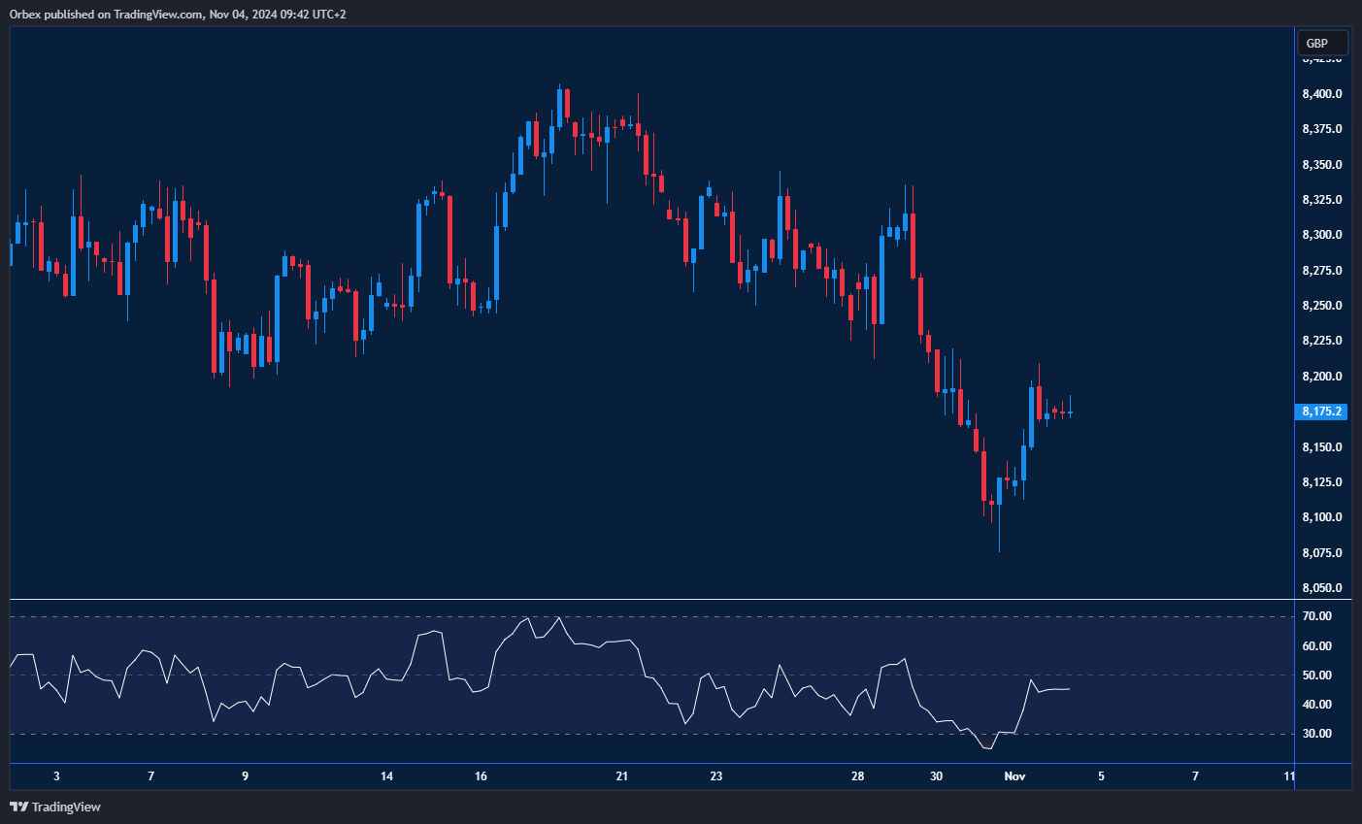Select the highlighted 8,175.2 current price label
click(x=1322, y=412)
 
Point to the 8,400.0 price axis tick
click(x=1322, y=94)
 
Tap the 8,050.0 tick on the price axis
click(x=1322, y=588)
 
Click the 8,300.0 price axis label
click(x=1322, y=235)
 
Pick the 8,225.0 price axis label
click(x=1322, y=341)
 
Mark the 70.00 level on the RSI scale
click(x=1317, y=616)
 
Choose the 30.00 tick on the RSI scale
click(x=1317, y=734)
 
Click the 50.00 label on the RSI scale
click(x=1317, y=676)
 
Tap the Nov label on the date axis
click(x=1014, y=776)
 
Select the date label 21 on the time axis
click(x=622, y=776)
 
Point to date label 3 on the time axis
click(x=57, y=776)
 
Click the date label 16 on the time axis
click(x=481, y=776)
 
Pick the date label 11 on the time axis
click(x=1289, y=776)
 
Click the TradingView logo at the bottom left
click(x=55, y=807)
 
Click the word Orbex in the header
click(x=24, y=15)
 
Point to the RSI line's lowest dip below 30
click(x=988, y=748)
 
